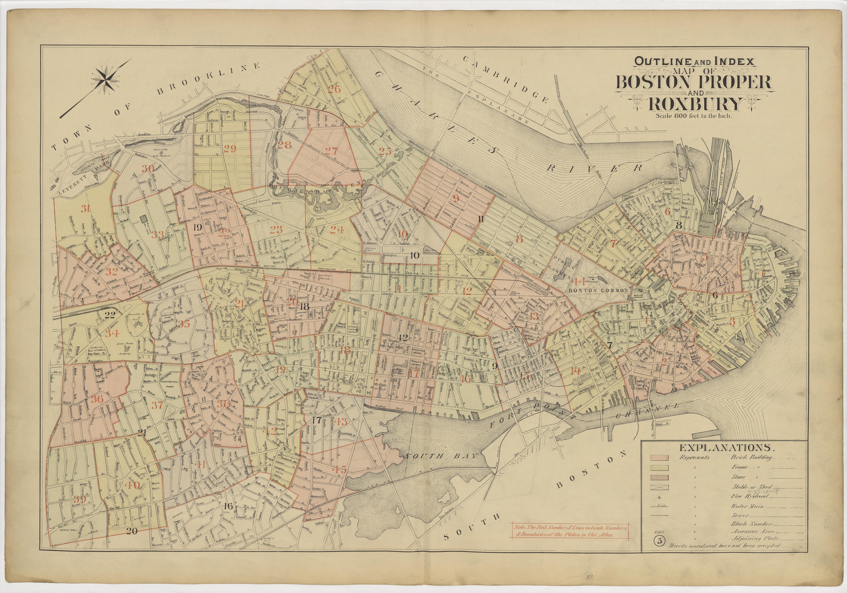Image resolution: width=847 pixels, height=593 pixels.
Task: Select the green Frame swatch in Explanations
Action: click(x=659, y=467)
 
